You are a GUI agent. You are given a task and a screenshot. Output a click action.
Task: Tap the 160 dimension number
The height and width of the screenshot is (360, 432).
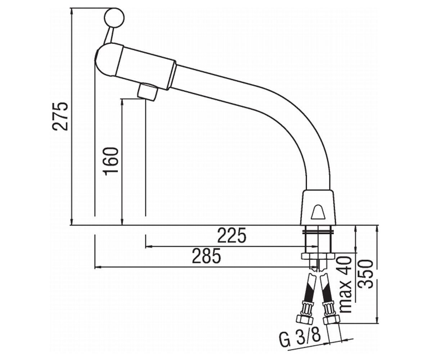point(112,161)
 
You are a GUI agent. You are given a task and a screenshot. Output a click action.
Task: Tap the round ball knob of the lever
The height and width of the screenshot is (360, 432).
point(114,18)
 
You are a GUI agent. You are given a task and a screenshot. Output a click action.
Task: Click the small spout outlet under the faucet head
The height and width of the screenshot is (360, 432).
point(147,92)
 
